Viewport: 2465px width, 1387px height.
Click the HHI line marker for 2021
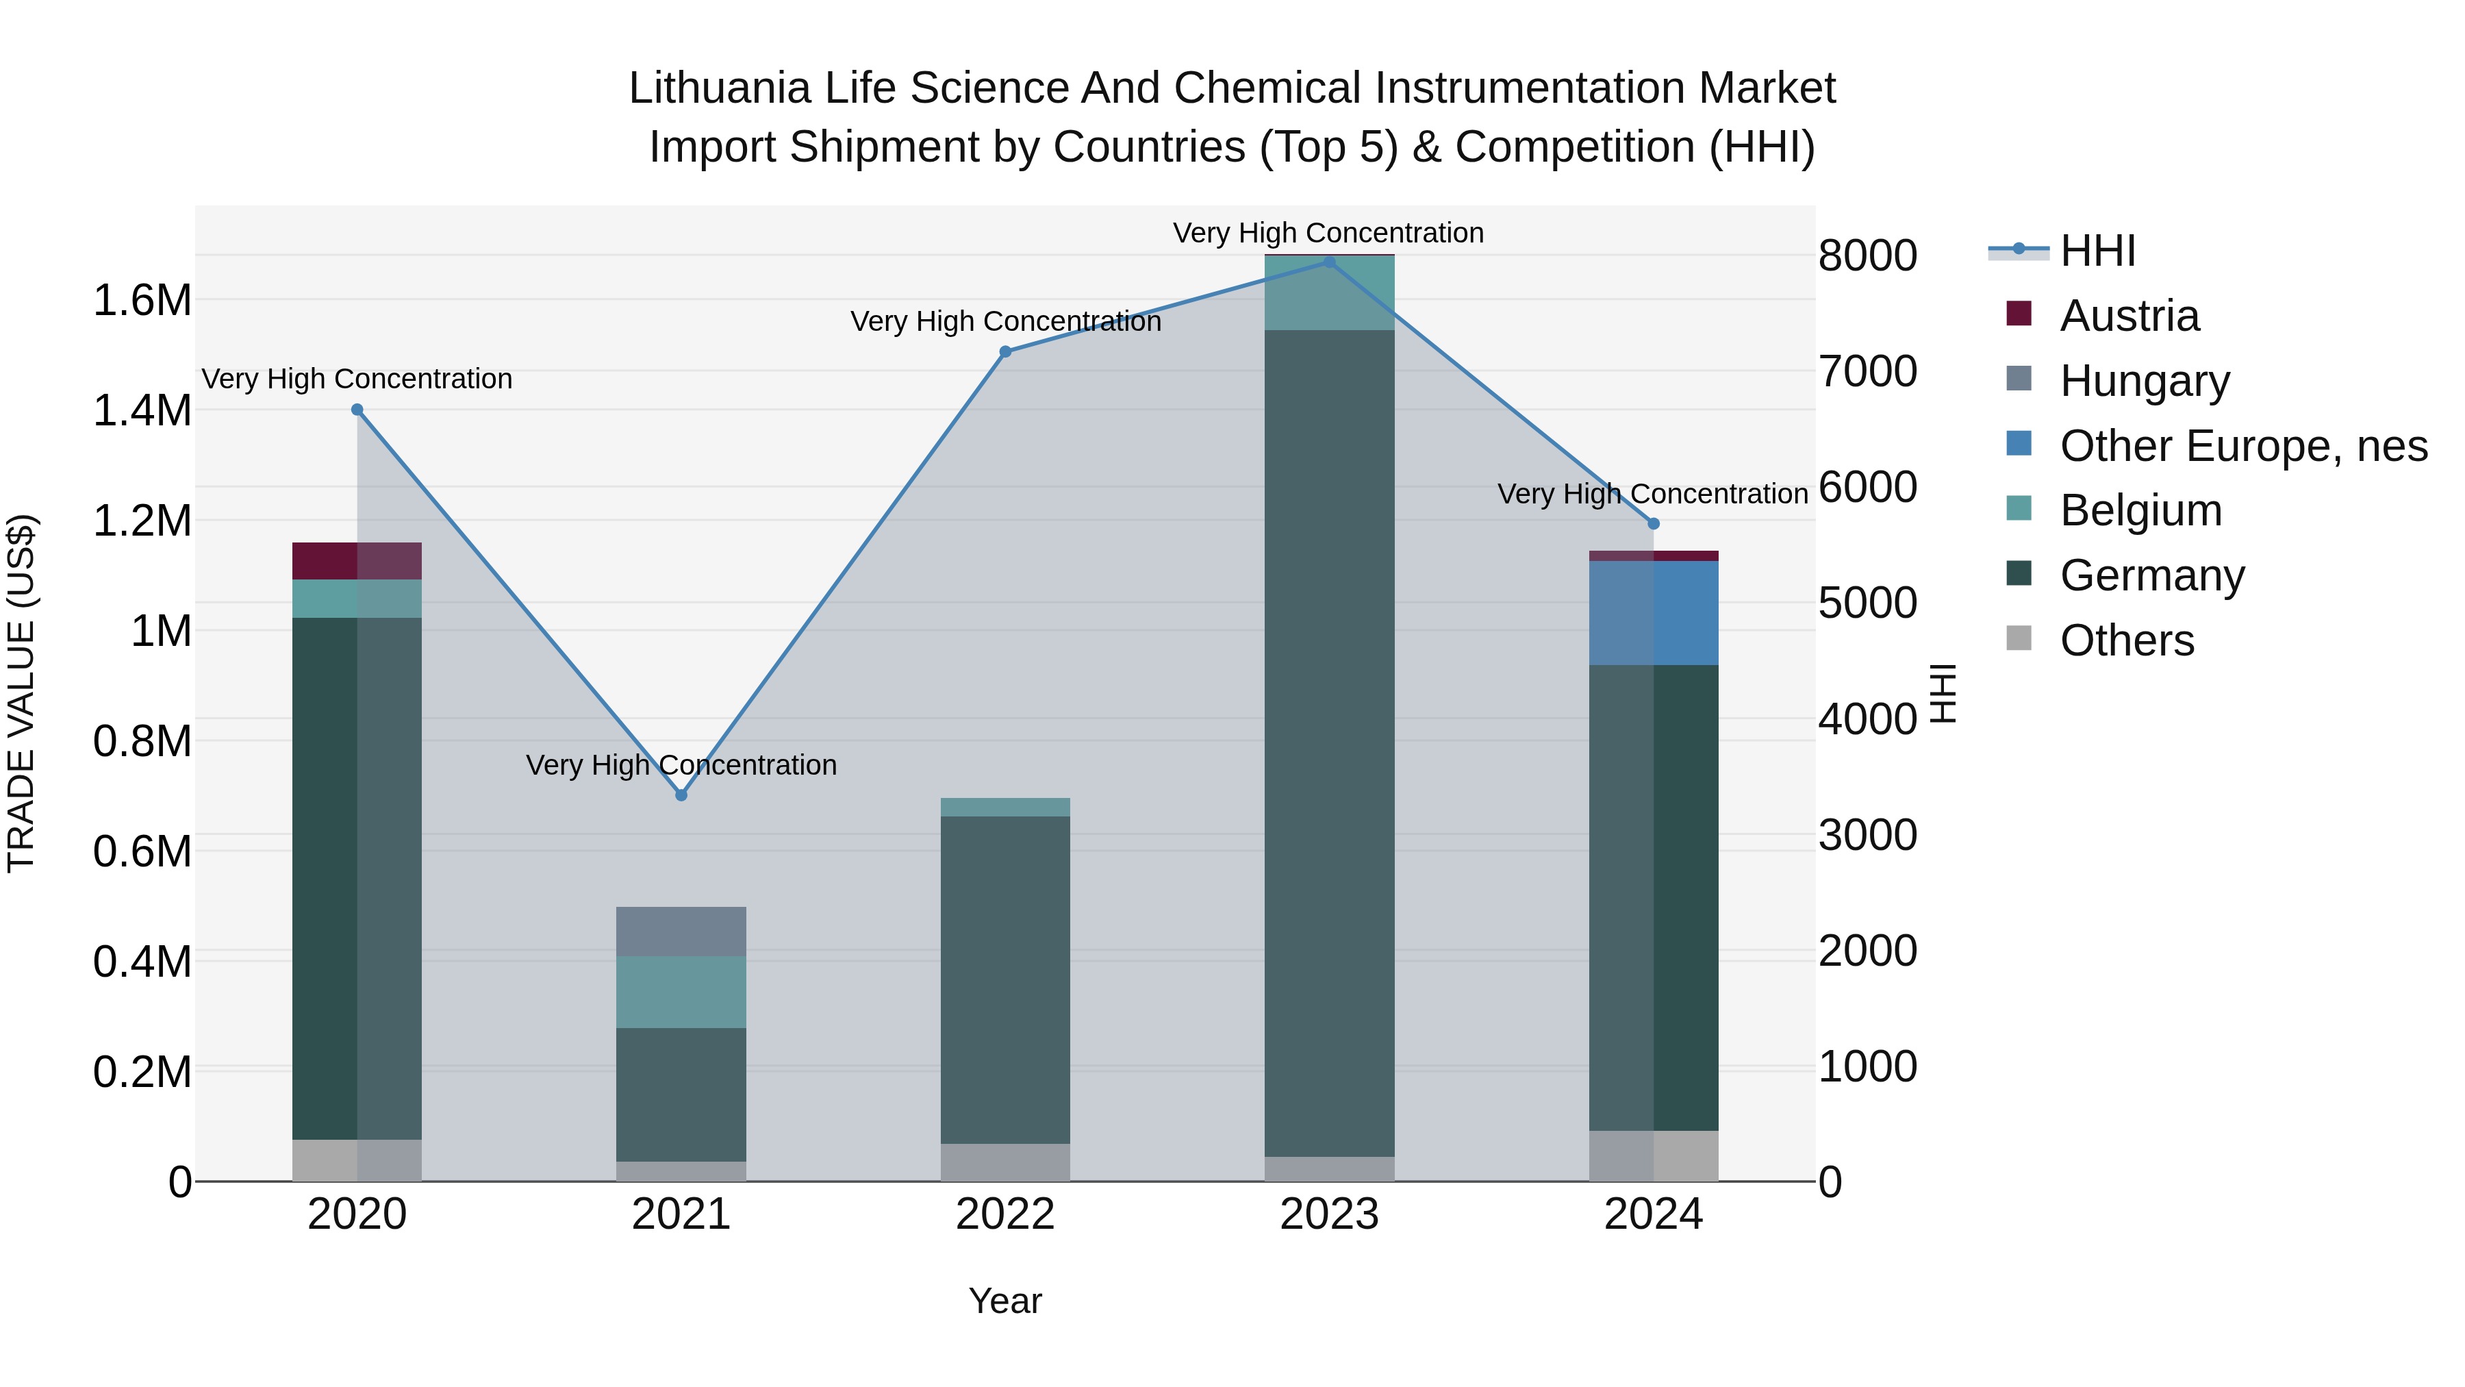point(681,795)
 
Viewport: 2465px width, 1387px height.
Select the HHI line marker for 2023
point(1329,262)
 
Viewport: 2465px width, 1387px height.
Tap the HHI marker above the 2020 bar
point(357,410)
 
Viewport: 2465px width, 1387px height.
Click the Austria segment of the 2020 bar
point(357,561)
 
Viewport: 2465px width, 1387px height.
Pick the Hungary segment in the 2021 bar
point(681,932)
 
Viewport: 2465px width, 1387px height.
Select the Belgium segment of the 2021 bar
point(681,992)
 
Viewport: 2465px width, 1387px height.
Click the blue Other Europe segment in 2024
point(1654,612)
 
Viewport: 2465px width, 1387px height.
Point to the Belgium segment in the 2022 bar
point(1004,807)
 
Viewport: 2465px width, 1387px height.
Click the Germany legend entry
point(2151,575)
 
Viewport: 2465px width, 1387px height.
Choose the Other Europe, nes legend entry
point(2242,446)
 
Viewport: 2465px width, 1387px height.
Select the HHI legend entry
point(2097,251)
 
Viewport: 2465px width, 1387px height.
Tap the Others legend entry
point(2126,640)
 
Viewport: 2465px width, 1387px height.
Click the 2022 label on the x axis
point(1004,1214)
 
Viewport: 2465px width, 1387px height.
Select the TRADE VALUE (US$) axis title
point(21,693)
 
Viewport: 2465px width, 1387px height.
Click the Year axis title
point(1004,1301)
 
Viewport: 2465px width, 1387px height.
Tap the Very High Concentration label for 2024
point(1653,494)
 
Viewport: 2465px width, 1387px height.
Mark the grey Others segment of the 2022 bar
point(1004,1162)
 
